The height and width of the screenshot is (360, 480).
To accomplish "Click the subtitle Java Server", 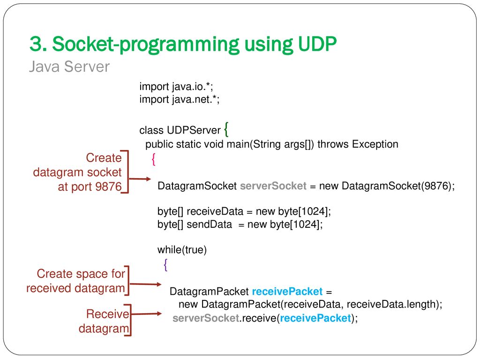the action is click(x=69, y=67).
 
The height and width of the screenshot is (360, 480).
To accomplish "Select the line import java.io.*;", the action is click(x=176, y=87).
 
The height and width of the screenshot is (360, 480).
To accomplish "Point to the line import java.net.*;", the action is click(x=180, y=99).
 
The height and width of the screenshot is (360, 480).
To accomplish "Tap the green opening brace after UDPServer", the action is click(x=226, y=129).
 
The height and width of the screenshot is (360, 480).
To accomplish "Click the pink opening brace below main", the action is click(x=153, y=159).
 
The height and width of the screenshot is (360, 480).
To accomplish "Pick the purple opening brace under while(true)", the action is click(x=165, y=265).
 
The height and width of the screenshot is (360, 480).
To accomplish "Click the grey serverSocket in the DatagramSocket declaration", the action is click(x=273, y=186).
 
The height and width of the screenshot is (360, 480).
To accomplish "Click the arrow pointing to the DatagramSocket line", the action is click(x=140, y=179).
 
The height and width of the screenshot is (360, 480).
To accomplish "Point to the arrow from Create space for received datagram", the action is click(x=145, y=285).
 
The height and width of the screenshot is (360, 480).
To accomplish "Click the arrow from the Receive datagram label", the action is click(x=146, y=314).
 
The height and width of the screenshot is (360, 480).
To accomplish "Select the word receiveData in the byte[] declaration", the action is click(x=215, y=211).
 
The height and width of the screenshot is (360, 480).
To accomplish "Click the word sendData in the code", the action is click(x=210, y=225).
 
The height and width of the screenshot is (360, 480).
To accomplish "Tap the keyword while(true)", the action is click(x=182, y=250).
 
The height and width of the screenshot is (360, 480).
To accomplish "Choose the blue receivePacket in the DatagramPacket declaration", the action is click(x=287, y=292).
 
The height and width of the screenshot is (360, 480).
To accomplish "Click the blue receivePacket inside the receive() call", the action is click(x=315, y=318).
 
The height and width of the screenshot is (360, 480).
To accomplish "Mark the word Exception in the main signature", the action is click(x=375, y=144).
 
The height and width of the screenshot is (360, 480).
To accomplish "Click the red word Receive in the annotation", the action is click(x=108, y=314).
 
